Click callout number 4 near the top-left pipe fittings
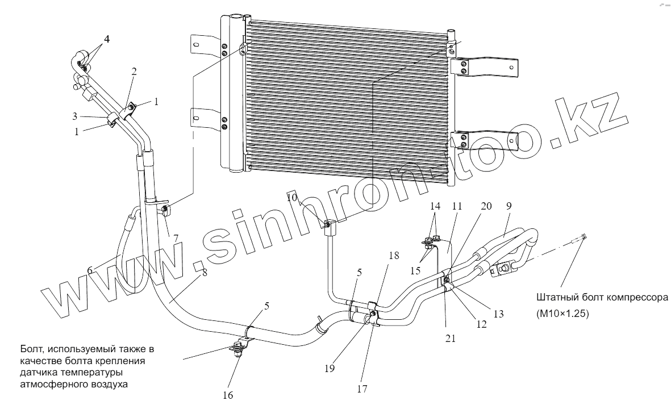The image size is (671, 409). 106,40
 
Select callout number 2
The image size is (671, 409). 134,72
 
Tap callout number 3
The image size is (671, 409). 74,116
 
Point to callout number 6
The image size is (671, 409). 90,271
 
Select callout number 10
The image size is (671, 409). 291,197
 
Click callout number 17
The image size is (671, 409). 362,389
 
